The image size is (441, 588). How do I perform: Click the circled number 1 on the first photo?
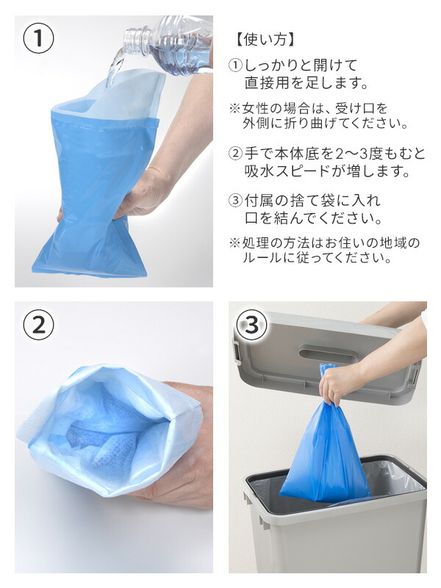(x=39, y=38)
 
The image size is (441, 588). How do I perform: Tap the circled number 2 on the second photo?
(x=39, y=325)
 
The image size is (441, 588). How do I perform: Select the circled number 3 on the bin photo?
(x=252, y=325)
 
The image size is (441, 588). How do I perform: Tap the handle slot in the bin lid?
(x=328, y=355)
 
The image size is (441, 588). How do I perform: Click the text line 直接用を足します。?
(x=306, y=83)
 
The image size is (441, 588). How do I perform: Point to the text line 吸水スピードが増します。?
(x=327, y=171)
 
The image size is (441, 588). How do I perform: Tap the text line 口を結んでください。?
(x=313, y=218)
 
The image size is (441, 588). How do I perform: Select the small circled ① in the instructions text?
(x=235, y=66)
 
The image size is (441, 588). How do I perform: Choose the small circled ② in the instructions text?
(x=235, y=154)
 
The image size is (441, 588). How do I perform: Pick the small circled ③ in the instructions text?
(x=235, y=201)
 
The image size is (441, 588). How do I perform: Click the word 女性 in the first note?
(x=256, y=109)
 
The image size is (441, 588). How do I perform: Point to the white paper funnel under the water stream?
(x=120, y=94)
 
